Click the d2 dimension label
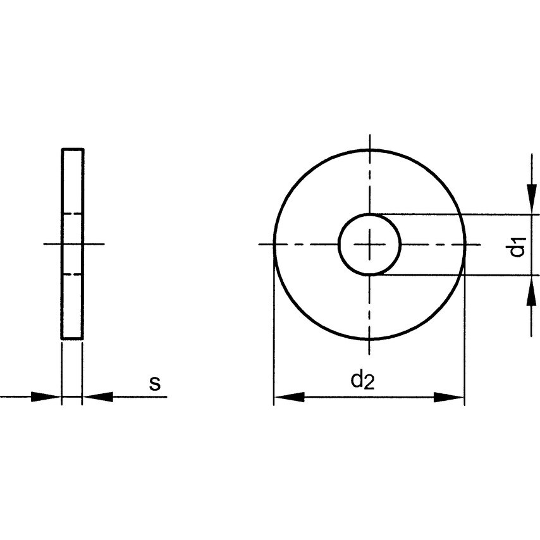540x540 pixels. tap(362, 379)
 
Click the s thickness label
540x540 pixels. tap(155, 383)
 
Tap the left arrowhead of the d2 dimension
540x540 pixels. tap(290, 396)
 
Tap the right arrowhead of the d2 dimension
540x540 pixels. tap(449, 397)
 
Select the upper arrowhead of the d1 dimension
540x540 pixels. tap(532, 199)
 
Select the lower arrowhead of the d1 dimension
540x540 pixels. tap(532, 291)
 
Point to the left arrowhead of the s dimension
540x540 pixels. tap(46, 396)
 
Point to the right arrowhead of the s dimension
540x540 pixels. tap(98, 396)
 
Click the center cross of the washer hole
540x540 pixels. tap(369, 245)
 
